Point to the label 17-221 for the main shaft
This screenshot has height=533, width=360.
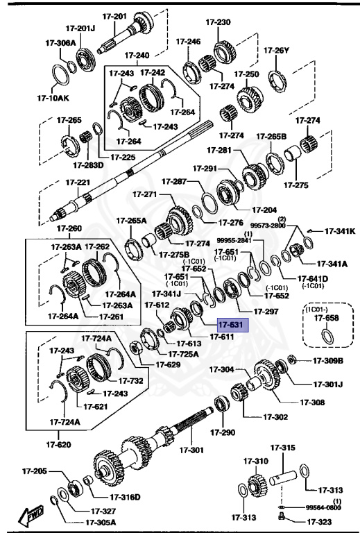(x=78, y=183)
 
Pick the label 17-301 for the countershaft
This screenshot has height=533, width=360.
(x=192, y=450)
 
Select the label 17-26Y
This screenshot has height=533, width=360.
(x=276, y=50)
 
